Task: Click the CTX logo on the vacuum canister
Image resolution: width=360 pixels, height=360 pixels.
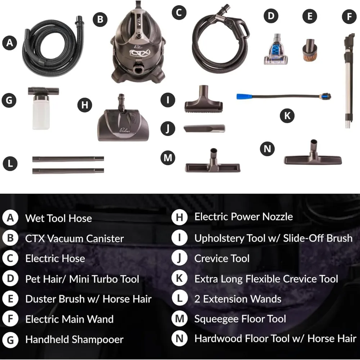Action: pos(140,53)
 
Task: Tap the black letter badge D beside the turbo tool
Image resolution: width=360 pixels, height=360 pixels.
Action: pos(271,16)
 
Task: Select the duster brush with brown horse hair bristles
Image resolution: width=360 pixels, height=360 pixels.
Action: pos(310,50)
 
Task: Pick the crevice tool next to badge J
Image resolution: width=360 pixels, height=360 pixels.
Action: pos(204,129)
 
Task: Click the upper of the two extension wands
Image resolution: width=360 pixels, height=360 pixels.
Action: pos(68,159)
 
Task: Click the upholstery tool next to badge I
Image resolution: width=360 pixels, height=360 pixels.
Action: pos(203,99)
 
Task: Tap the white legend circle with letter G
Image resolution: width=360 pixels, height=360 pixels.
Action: pos(10,340)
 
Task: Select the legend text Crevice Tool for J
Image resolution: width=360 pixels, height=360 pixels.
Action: pos(222,258)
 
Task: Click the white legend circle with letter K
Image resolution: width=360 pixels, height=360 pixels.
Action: pos(179,278)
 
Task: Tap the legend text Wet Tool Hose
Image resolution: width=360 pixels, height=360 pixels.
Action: pos(59,219)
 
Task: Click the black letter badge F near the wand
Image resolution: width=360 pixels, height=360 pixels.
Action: pos(349,16)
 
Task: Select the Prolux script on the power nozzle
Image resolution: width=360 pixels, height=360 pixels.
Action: pos(125,130)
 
